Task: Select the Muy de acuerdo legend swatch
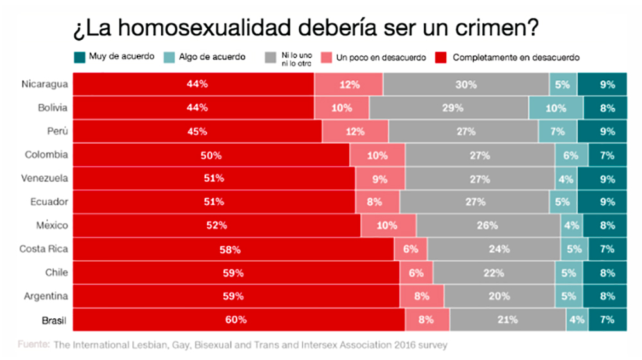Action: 80,56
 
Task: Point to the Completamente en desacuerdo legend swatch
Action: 442,57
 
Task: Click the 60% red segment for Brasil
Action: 238,320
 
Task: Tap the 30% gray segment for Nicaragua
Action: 466,84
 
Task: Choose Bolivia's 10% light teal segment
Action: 556,108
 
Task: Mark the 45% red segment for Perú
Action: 197,132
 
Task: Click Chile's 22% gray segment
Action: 494,273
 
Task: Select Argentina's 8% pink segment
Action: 422,296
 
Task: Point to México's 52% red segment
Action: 216,226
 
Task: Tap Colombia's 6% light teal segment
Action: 569,155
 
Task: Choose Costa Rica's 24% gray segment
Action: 494,249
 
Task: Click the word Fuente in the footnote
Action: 33,345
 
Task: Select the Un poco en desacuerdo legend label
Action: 381,57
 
